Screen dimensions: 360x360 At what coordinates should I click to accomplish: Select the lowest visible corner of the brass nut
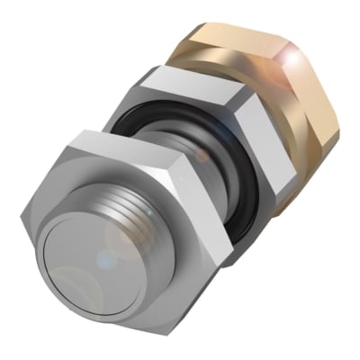279,212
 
